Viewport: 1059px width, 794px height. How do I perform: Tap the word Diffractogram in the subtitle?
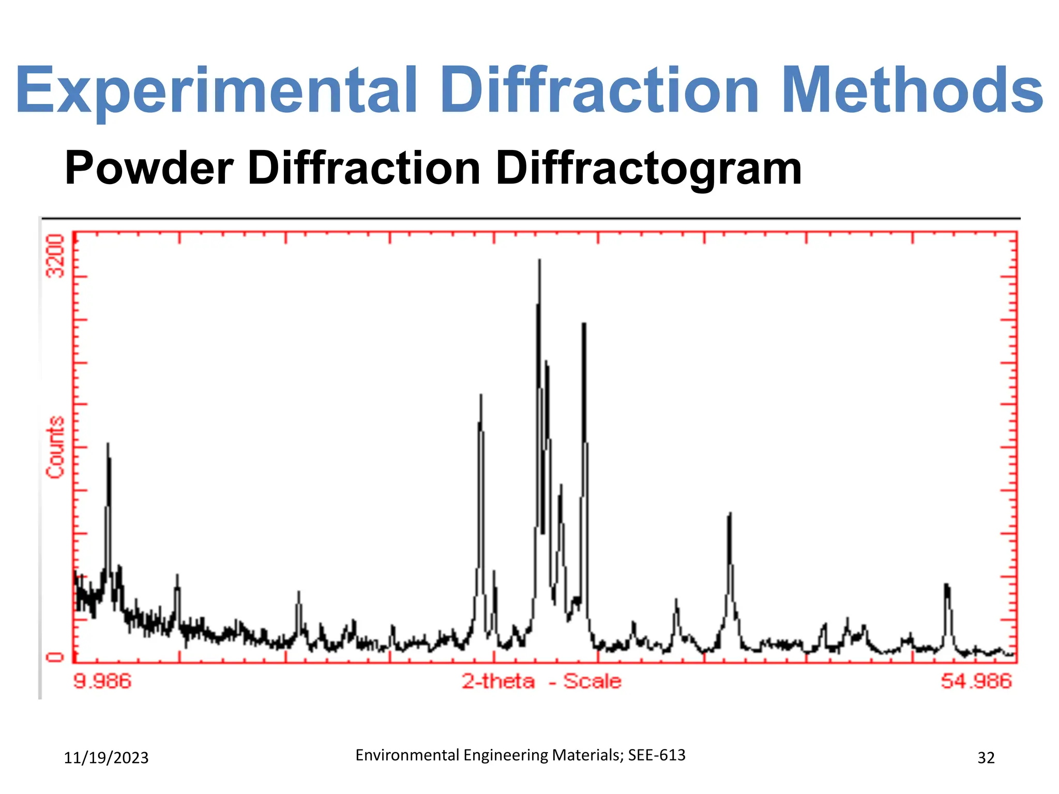click(648, 169)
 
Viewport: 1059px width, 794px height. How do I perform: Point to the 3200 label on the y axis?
click(55, 256)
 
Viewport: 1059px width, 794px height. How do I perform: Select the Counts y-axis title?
click(55, 447)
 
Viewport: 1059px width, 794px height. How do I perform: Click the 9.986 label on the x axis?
click(102, 681)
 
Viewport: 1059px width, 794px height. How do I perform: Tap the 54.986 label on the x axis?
click(976, 681)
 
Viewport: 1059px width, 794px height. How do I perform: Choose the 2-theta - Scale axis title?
click(541, 681)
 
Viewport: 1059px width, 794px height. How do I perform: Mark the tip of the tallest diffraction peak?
click(539, 260)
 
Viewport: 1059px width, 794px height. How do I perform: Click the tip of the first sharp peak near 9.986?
click(108, 444)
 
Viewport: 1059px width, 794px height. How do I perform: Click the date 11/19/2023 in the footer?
click(106, 758)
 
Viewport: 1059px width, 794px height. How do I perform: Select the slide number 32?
click(986, 758)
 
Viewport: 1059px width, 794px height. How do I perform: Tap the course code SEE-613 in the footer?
click(657, 755)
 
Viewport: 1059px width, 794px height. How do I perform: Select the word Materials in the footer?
click(588, 755)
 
